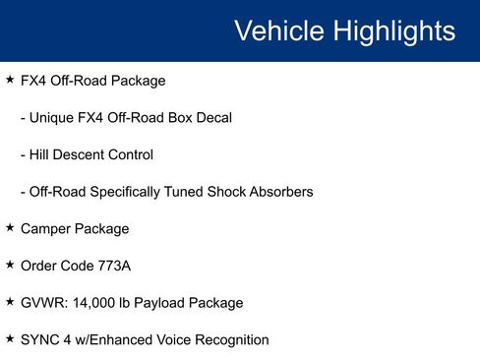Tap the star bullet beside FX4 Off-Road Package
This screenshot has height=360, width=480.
tap(10, 78)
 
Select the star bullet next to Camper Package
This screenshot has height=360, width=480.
tap(10, 227)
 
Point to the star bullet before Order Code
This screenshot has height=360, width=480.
tap(10, 265)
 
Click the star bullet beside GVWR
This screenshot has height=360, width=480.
tap(10, 302)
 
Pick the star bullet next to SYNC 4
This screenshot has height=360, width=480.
tap(10, 339)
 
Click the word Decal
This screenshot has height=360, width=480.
tap(211, 117)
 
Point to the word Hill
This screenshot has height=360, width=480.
tap(41, 154)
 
